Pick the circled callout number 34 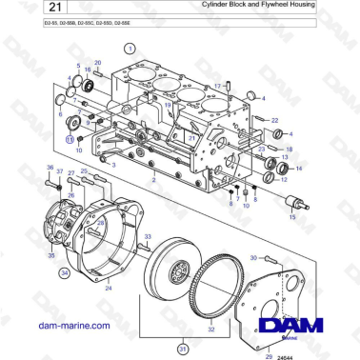click(x=65, y=272)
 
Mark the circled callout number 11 click(x=69, y=138)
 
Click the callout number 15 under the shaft click(x=292, y=218)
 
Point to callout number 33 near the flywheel click(x=147, y=235)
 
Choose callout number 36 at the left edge click(x=50, y=167)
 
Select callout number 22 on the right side click(x=274, y=120)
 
